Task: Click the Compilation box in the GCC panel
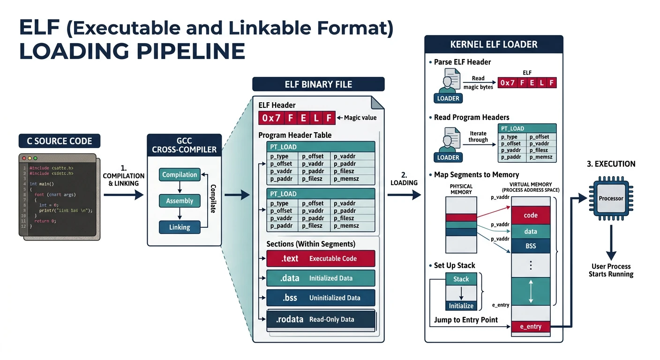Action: [180, 175]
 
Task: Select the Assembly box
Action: [180, 201]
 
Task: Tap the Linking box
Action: [180, 227]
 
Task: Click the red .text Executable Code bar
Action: [321, 259]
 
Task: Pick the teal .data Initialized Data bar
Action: [321, 278]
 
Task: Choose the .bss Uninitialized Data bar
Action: [321, 298]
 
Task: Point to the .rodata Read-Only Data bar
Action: [321, 320]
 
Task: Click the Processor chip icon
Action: [611, 198]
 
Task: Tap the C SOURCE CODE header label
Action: [60, 141]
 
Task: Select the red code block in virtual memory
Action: [530, 216]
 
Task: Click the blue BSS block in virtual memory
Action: [530, 246]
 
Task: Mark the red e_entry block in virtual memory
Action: [530, 327]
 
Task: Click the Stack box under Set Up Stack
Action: [461, 279]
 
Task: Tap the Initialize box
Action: [461, 306]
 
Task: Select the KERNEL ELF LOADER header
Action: [494, 45]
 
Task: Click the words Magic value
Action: [360, 118]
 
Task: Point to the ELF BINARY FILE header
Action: [318, 84]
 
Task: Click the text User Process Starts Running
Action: [611, 270]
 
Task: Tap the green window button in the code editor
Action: [35, 159]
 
